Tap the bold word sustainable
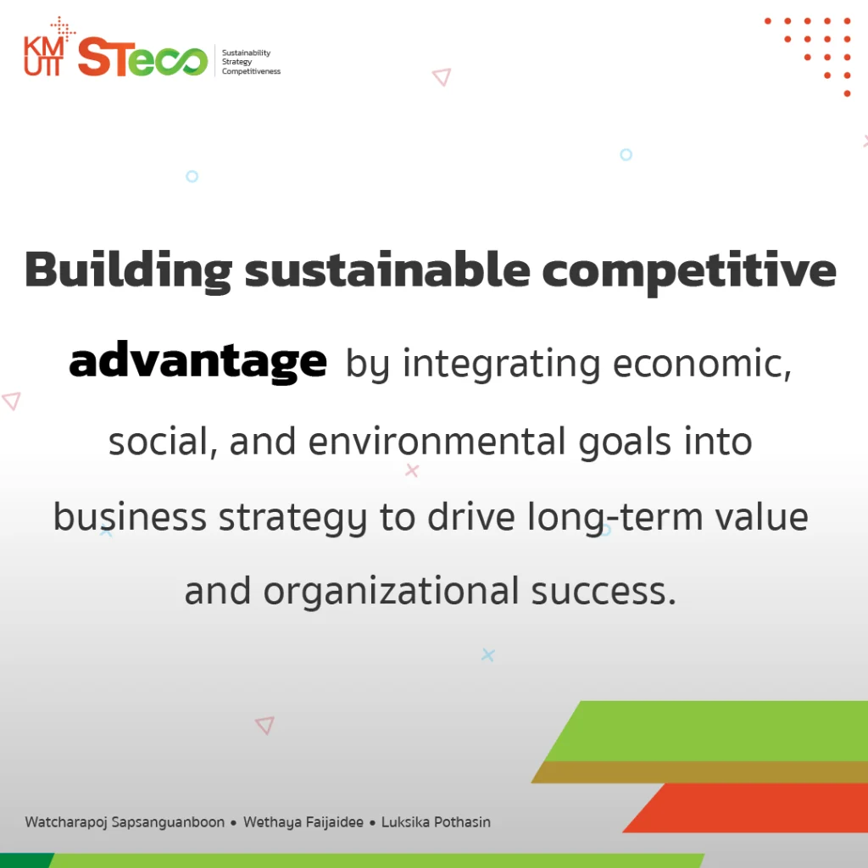pyautogui.click(x=387, y=270)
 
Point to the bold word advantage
pyautogui.click(x=198, y=362)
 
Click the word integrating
pyautogui.click(x=501, y=364)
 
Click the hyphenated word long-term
pyautogui.click(x=615, y=518)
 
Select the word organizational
pyautogui.click(x=391, y=592)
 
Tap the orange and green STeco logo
pyautogui.click(x=142, y=58)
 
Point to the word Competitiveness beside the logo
pyautogui.click(x=251, y=71)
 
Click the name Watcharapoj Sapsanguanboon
pyautogui.click(x=125, y=822)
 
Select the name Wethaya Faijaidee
pyautogui.click(x=303, y=822)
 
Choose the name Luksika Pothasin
pyautogui.click(x=437, y=822)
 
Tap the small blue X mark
pyautogui.click(x=487, y=655)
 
